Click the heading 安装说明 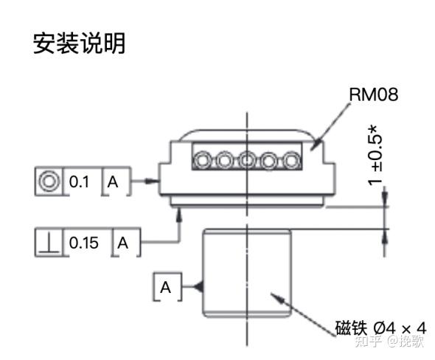point(79,44)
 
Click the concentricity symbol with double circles point(49,181)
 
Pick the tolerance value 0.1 point(79,181)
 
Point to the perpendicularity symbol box point(49,242)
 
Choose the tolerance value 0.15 point(83,242)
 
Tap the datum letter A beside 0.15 point(124,242)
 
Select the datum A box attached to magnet point(166,287)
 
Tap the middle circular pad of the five point(247,159)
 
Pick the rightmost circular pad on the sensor point(292,159)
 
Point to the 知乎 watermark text point(368,342)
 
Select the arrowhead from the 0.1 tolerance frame point(155,181)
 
